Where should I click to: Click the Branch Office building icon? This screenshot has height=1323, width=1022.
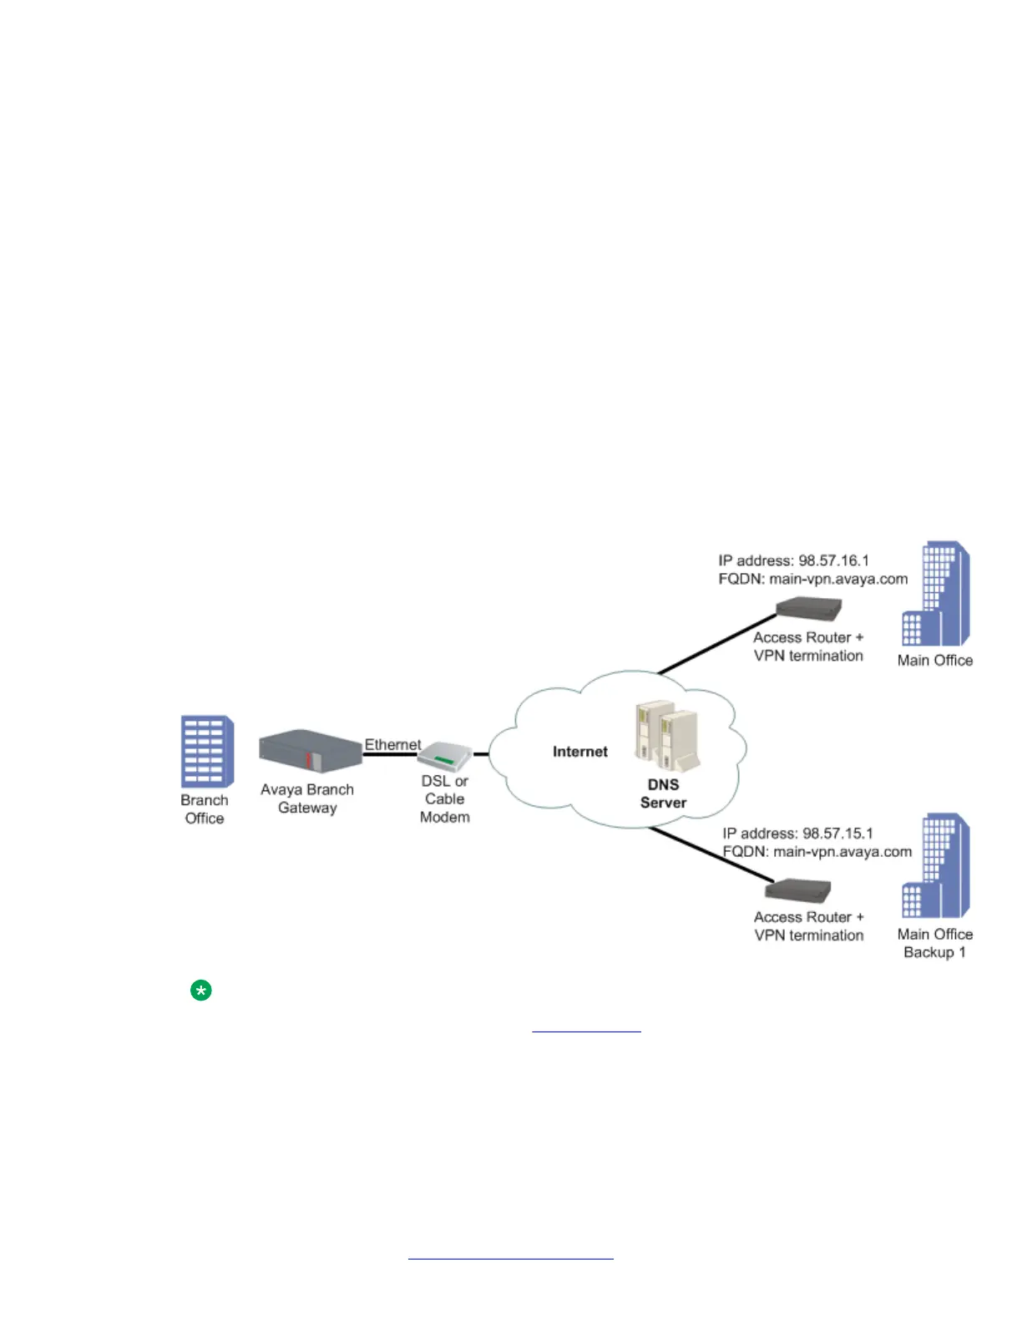pyautogui.click(x=206, y=751)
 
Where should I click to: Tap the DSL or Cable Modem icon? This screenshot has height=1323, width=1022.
pyautogui.click(x=445, y=757)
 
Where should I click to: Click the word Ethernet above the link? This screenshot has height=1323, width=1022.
pyautogui.click(x=392, y=744)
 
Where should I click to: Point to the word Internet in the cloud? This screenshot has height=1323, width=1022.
pyautogui.click(x=579, y=752)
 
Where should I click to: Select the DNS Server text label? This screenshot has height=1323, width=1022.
pyautogui.click(x=663, y=793)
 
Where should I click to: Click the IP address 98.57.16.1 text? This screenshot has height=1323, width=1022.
pyautogui.click(x=793, y=560)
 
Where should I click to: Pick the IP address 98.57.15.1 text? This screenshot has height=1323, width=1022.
pyautogui.click(x=797, y=834)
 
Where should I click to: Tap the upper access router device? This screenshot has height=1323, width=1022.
pyautogui.click(x=807, y=609)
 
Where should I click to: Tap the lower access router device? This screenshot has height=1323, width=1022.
pyautogui.click(x=798, y=890)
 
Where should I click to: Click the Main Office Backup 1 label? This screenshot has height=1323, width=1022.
pyautogui.click(x=935, y=943)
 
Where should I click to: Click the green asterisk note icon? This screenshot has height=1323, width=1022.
pyautogui.click(x=200, y=991)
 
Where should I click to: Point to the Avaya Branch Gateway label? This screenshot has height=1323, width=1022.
pyautogui.click(x=307, y=798)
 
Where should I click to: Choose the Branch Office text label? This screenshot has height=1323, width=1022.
pyautogui.click(x=205, y=808)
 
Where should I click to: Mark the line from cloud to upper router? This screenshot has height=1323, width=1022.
pyautogui.click(x=718, y=643)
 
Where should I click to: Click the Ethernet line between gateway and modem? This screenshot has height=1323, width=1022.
pyautogui.click(x=390, y=755)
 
